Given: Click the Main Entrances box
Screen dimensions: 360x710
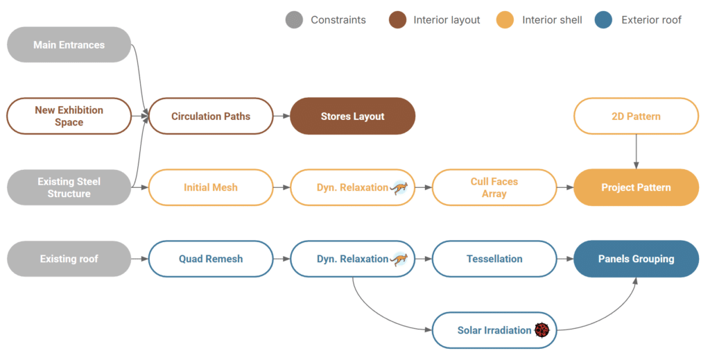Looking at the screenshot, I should tap(69, 45).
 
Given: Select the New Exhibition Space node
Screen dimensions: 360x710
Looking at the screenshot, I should tap(69, 116).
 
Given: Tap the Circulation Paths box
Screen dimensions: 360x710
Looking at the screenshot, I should tap(211, 116).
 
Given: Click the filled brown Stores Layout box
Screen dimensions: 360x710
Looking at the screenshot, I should tap(352, 116).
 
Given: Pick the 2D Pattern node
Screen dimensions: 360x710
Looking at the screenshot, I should tap(636, 116).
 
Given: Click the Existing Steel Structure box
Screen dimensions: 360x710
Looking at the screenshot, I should tap(69, 187).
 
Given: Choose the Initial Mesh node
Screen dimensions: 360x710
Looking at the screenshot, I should tap(211, 187).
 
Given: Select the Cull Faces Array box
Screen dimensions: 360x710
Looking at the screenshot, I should tap(494, 187).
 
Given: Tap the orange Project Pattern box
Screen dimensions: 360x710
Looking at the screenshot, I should tap(636, 187).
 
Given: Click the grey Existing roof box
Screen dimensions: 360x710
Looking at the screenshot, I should tap(69, 259).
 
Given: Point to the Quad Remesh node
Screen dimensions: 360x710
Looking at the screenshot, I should tap(211, 259).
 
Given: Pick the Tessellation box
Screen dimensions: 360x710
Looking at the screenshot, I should tap(494, 259).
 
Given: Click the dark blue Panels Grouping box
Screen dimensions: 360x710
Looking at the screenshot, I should tap(636, 259).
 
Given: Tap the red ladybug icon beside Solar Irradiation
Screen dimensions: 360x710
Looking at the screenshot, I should tap(542, 330).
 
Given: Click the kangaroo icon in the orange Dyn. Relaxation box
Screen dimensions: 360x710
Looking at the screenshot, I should tap(399, 187).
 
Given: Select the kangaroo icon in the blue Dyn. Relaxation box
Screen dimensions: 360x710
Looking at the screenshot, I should tap(399, 259).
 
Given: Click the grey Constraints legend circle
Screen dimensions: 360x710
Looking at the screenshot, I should tap(294, 19).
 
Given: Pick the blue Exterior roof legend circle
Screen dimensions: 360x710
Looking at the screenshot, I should tap(603, 19).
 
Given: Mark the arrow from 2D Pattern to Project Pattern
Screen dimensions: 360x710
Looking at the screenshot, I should tap(636, 151).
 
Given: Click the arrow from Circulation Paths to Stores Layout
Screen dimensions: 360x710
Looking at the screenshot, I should tap(281, 116).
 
